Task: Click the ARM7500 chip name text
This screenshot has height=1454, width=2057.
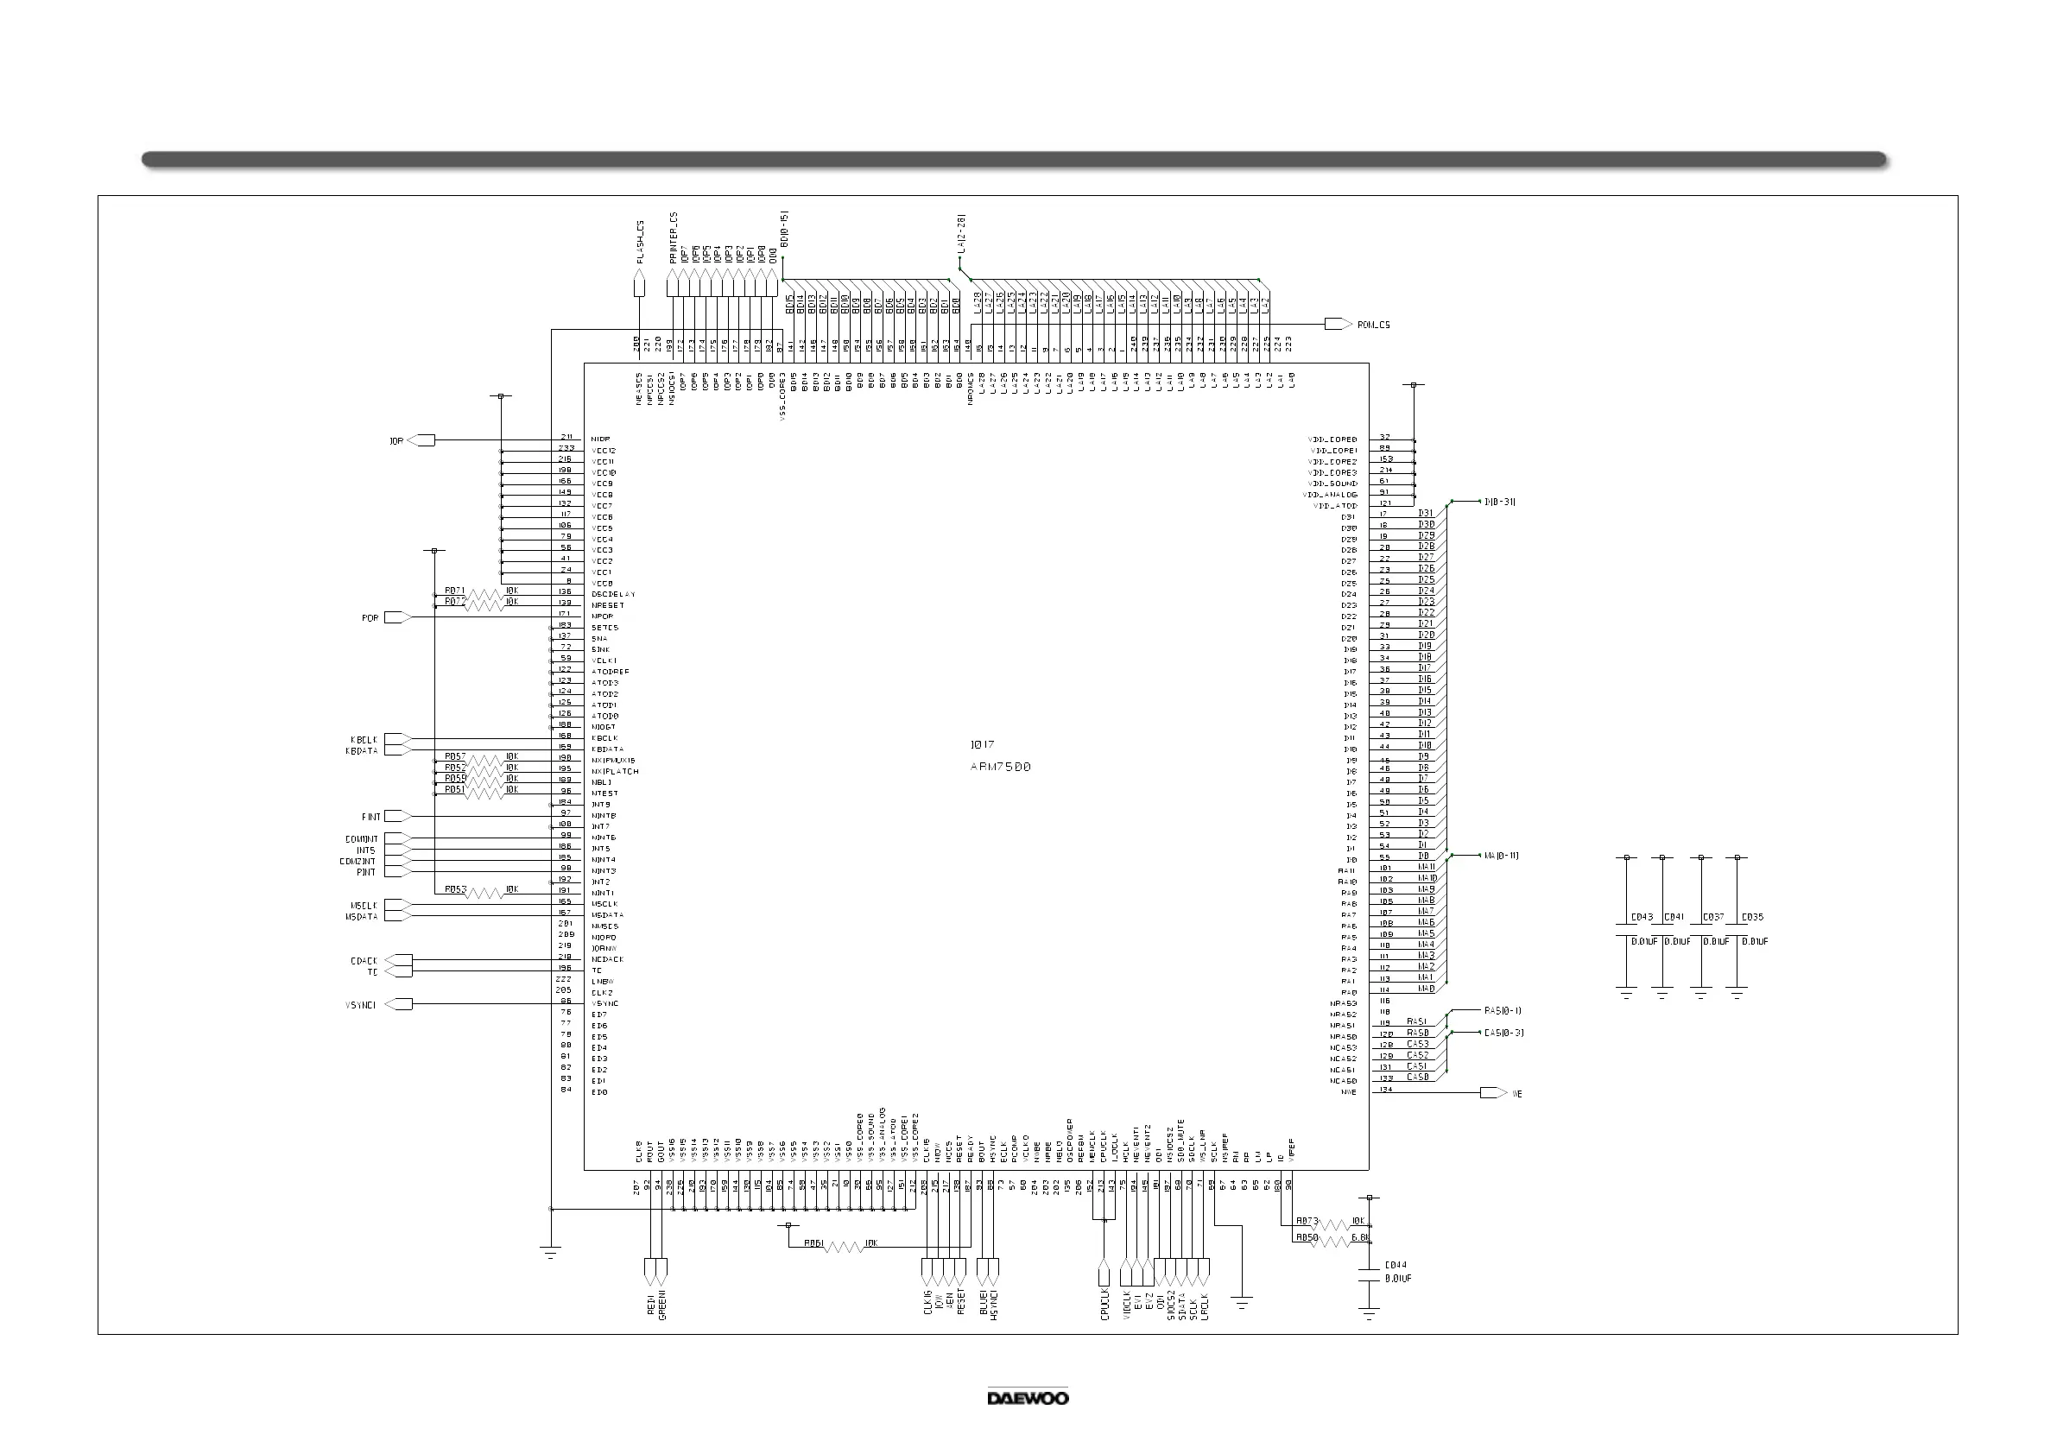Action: [x=1001, y=767]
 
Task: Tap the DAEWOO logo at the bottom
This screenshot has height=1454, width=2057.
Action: [x=1028, y=1398]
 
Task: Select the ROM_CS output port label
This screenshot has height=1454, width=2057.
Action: [x=1373, y=326]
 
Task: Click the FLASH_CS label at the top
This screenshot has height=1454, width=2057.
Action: [x=641, y=242]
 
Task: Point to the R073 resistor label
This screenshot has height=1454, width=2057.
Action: [x=1307, y=1221]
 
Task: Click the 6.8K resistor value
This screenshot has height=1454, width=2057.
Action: [x=1360, y=1237]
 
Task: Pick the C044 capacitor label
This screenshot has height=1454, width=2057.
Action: [x=1395, y=1265]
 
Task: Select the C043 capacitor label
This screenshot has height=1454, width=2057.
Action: [x=1642, y=917]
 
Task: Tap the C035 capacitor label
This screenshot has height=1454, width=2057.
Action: [x=1751, y=917]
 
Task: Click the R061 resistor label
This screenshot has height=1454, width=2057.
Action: [x=813, y=1243]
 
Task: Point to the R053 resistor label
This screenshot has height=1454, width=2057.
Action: [x=455, y=889]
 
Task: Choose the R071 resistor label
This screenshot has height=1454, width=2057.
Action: [x=454, y=591]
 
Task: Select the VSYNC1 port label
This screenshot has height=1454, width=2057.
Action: [x=360, y=1005]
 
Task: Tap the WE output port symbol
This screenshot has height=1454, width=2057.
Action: [x=1493, y=1093]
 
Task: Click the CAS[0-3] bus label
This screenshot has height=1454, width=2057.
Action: [x=1503, y=1033]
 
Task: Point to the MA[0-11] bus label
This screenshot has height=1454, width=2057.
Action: [x=1501, y=856]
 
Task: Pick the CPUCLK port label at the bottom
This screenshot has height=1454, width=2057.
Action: [x=1104, y=1305]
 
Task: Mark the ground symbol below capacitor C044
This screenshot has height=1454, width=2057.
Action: [x=1368, y=1315]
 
